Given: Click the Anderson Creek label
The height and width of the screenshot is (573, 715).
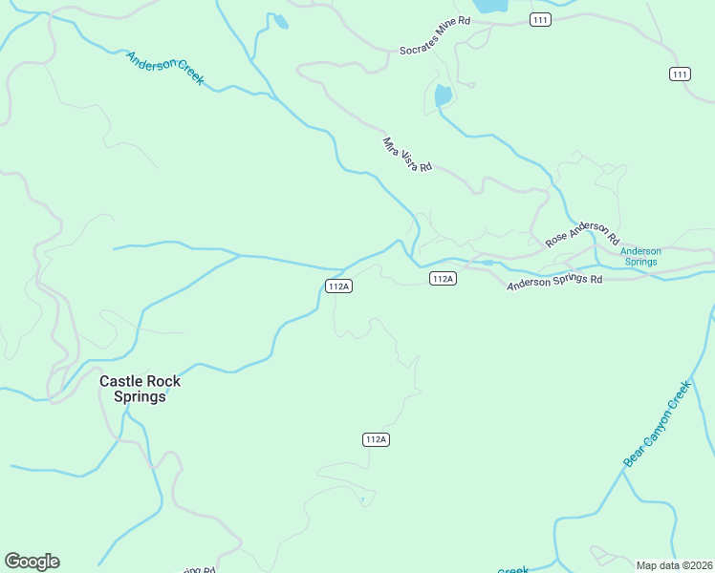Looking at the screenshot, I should (165, 69).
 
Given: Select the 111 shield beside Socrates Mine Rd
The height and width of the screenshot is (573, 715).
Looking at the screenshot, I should (541, 20).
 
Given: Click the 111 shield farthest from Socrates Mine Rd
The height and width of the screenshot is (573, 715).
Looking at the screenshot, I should (680, 74).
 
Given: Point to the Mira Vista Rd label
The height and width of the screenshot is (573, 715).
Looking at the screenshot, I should (408, 155).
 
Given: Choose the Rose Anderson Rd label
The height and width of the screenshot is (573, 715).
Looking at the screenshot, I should (582, 234).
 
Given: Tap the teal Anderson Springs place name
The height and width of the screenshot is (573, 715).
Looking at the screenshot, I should (640, 256).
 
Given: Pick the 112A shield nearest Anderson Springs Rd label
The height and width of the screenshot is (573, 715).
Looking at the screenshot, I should (443, 279).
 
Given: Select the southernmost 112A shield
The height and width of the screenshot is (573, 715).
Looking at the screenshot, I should (376, 439).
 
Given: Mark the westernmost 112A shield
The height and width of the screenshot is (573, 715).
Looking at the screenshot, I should (339, 286).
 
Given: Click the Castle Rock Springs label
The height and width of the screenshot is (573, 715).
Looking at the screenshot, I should (141, 389).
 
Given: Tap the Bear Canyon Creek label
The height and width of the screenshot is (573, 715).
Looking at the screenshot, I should (657, 424).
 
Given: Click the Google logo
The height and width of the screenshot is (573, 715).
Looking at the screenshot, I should (32, 562).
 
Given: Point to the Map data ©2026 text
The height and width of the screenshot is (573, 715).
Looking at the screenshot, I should (674, 565).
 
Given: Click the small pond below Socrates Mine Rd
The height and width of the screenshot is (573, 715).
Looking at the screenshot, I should (443, 95).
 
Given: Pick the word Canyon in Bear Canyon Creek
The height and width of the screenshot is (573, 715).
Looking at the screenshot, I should (658, 423).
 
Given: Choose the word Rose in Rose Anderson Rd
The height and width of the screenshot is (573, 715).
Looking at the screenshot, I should (556, 241).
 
